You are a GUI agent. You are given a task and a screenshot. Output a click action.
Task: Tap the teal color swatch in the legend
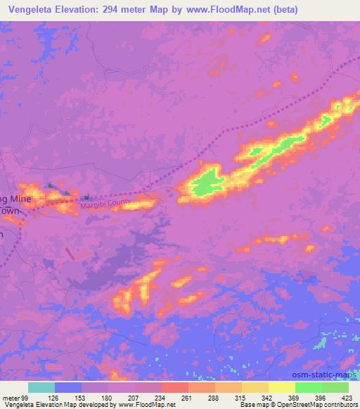click(x=41, y=387)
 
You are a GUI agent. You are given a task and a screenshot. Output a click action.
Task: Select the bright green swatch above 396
click(x=308, y=387)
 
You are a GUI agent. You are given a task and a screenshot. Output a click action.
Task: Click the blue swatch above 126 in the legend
click(x=68, y=387)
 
